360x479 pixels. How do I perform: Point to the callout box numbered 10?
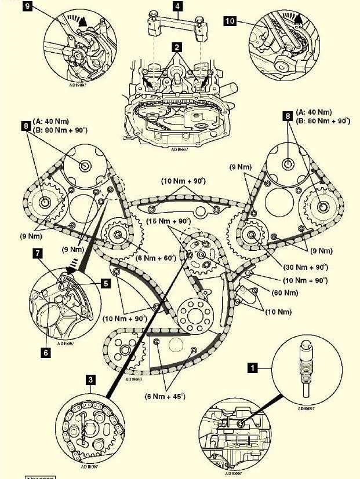click(230, 22)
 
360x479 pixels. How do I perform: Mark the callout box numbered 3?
click(92, 380)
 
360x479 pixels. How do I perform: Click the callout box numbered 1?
click(252, 367)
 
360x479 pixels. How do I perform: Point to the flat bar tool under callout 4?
click(177, 24)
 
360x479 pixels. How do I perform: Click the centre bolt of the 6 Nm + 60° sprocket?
click(119, 235)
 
